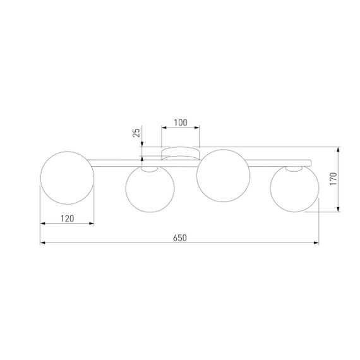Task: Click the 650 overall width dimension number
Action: (x=180, y=237)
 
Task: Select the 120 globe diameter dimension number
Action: (x=68, y=219)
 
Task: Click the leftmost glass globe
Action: (x=67, y=177)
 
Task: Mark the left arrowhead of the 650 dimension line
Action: (x=42, y=243)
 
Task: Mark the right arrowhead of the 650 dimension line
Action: (x=317, y=243)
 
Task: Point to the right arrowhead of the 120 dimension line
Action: (x=92, y=224)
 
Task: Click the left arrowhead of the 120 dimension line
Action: (x=42, y=224)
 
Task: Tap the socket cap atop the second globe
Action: (x=148, y=169)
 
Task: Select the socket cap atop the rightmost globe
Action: (x=293, y=169)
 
